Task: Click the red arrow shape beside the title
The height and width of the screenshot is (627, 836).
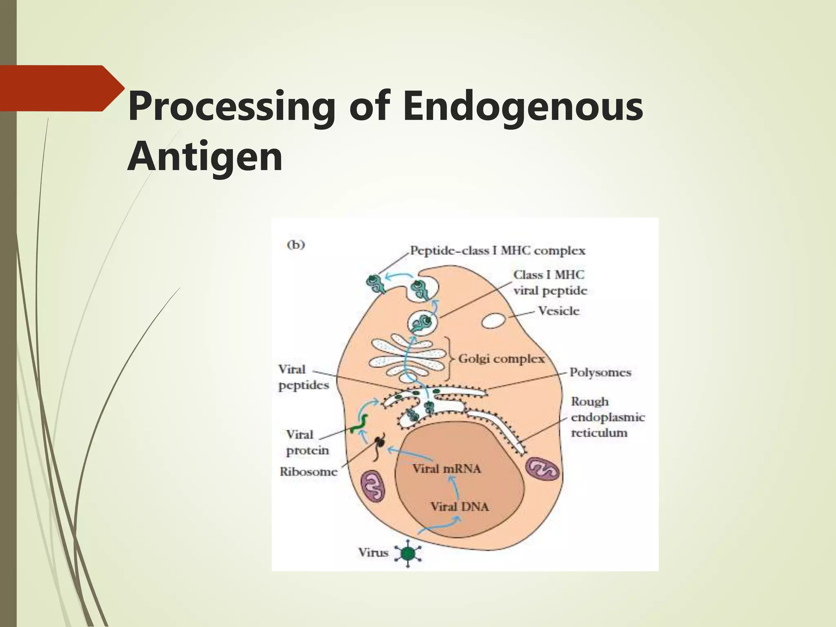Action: coord(61,88)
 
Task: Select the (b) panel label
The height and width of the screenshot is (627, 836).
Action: coord(296,245)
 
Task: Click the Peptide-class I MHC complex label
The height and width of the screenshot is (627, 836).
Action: coord(497,250)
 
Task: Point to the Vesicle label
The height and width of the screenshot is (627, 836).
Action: coord(558,311)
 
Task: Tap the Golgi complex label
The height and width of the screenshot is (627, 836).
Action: coord(501,359)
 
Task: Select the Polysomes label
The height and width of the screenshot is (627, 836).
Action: coord(600,372)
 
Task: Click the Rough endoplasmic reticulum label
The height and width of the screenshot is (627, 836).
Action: coord(607,417)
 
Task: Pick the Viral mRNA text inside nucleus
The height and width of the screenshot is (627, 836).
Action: coord(447,469)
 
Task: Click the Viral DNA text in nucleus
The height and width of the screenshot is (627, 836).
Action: coord(460,507)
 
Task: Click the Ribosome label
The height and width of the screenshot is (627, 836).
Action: coord(309,472)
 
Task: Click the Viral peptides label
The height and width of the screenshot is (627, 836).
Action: coord(303,377)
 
